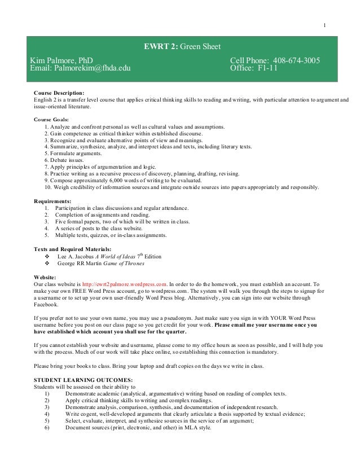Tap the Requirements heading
coord(52,201)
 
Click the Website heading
coord(45,276)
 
